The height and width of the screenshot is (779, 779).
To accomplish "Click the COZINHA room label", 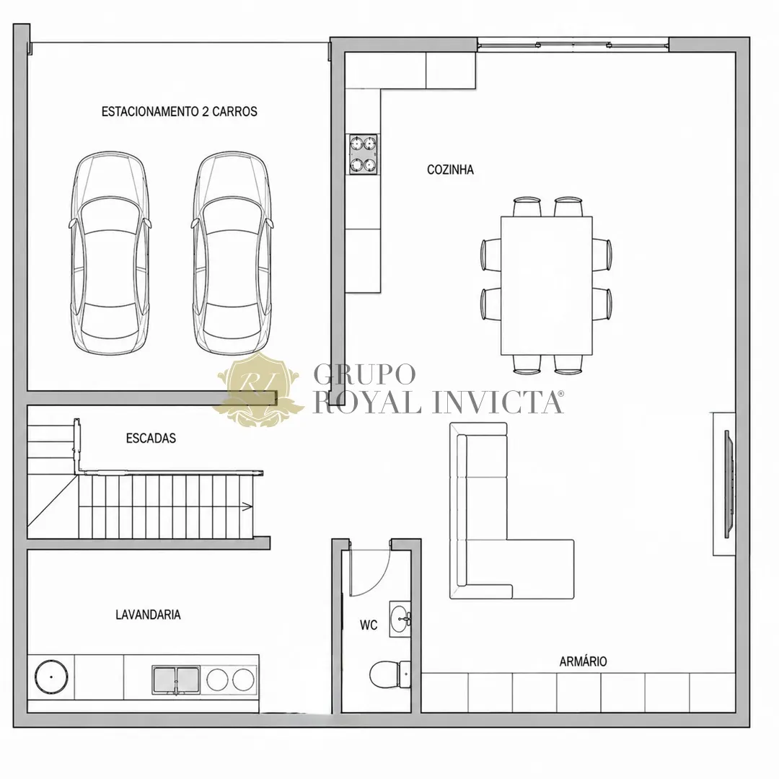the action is point(450,170).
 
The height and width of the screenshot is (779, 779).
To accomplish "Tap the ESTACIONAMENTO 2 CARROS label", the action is point(180,111).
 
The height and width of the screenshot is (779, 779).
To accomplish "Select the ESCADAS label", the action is point(151,439).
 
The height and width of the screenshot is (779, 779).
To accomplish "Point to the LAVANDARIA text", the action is point(148,615).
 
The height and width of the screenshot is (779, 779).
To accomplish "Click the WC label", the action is point(369,625).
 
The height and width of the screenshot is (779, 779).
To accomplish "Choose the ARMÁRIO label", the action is point(584,661).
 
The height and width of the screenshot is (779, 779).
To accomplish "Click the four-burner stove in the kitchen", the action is point(363,154).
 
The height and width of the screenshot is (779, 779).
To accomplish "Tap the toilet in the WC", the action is point(390,674).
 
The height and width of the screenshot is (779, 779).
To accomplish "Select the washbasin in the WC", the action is point(400,619).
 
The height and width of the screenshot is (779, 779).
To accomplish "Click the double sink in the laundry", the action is point(176,679).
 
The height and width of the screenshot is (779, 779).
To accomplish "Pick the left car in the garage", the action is point(110,253).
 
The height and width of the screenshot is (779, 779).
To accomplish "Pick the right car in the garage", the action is point(232,253).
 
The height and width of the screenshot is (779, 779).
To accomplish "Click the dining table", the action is point(547,286).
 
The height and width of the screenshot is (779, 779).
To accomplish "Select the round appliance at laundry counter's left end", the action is point(51,677).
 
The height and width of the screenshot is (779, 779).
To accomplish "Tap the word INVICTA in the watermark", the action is point(497,402).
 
